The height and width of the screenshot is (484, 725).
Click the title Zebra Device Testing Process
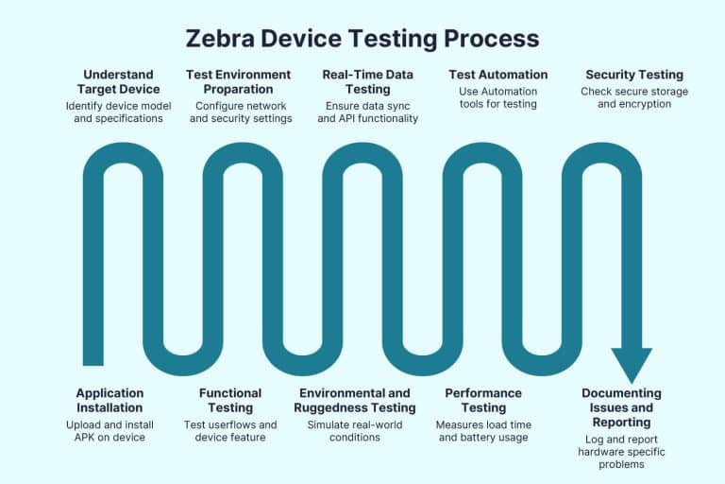[362, 39]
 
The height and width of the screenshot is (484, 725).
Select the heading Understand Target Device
[114, 81]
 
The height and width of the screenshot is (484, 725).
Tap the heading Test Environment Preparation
[240, 81]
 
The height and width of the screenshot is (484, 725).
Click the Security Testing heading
[634, 74]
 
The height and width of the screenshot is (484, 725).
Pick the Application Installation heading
[110, 400]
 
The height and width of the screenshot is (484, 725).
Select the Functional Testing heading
[230, 400]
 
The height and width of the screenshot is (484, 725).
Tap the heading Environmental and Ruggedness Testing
[355, 400]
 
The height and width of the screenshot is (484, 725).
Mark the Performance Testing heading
[483, 400]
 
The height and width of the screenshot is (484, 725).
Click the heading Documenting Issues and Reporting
[621, 407]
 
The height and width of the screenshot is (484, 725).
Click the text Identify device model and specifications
[114, 112]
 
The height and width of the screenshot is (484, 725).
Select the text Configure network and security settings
[240, 112]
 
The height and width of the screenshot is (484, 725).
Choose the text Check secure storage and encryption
[634, 97]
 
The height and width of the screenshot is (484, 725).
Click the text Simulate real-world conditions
[355, 430]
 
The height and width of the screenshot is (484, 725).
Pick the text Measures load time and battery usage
[483, 430]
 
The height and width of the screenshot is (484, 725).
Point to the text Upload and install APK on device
[110, 430]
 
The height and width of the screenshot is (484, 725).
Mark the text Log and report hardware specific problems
[621, 453]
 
